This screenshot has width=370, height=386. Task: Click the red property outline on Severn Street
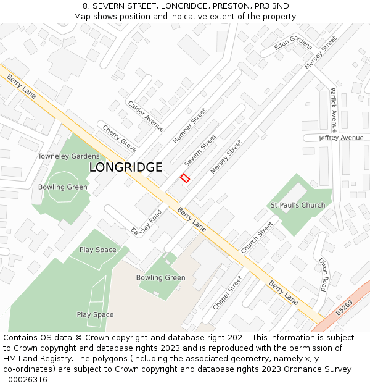coord(184,178)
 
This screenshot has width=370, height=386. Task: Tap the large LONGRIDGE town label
coord(126,167)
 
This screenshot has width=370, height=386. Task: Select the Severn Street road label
coord(200,151)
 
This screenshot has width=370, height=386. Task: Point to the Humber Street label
coord(189,126)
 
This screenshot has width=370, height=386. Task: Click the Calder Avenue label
coord(146,115)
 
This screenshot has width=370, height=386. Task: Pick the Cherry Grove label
coord(120,139)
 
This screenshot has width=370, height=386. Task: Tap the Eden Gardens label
coord(293,43)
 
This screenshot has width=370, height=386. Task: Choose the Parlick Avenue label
coord(333,110)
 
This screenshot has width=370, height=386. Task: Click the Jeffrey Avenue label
coord(341,138)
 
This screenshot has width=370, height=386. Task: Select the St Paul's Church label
coord(298,205)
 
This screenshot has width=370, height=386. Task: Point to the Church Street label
coord(257,233)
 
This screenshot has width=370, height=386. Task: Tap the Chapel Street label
coord(228,293)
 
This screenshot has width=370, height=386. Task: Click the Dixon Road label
coord(323,275)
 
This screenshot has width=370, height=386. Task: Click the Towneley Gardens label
coord(68,156)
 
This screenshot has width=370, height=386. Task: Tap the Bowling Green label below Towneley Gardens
coord(63,187)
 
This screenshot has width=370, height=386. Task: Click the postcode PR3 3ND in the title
coord(271,6)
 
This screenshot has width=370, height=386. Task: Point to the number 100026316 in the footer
coord(26,380)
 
